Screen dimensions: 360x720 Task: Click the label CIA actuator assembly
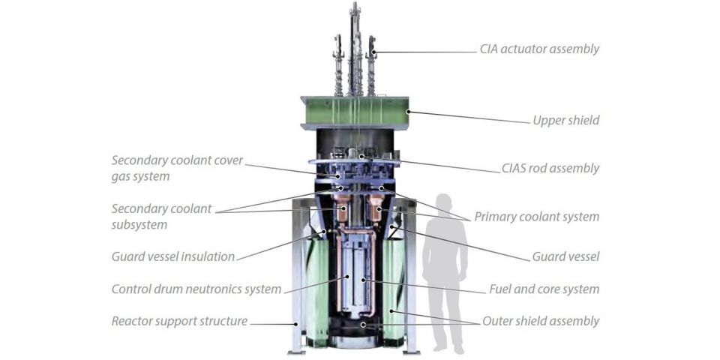(x=539, y=49)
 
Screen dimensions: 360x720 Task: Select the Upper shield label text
(x=565, y=120)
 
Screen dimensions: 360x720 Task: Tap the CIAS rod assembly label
(x=550, y=168)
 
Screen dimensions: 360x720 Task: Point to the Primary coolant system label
(x=536, y=217)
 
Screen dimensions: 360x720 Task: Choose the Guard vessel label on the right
(x=565, y=256)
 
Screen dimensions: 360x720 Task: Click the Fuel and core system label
(x=544, y=289)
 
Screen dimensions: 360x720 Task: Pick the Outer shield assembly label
(x=540, y=321)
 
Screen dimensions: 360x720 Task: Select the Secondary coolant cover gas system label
(x=177, y=168)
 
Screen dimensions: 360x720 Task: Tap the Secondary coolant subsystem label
(x=161, y=216)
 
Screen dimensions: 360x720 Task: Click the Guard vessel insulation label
(x=173, y=256)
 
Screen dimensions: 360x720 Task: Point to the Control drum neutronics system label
(x=196, y=289)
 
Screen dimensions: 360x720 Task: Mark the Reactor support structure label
(x=179, y=321)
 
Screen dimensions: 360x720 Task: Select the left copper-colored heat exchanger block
(x=343, y=211)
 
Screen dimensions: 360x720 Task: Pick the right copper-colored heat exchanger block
(x=376, y=209)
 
